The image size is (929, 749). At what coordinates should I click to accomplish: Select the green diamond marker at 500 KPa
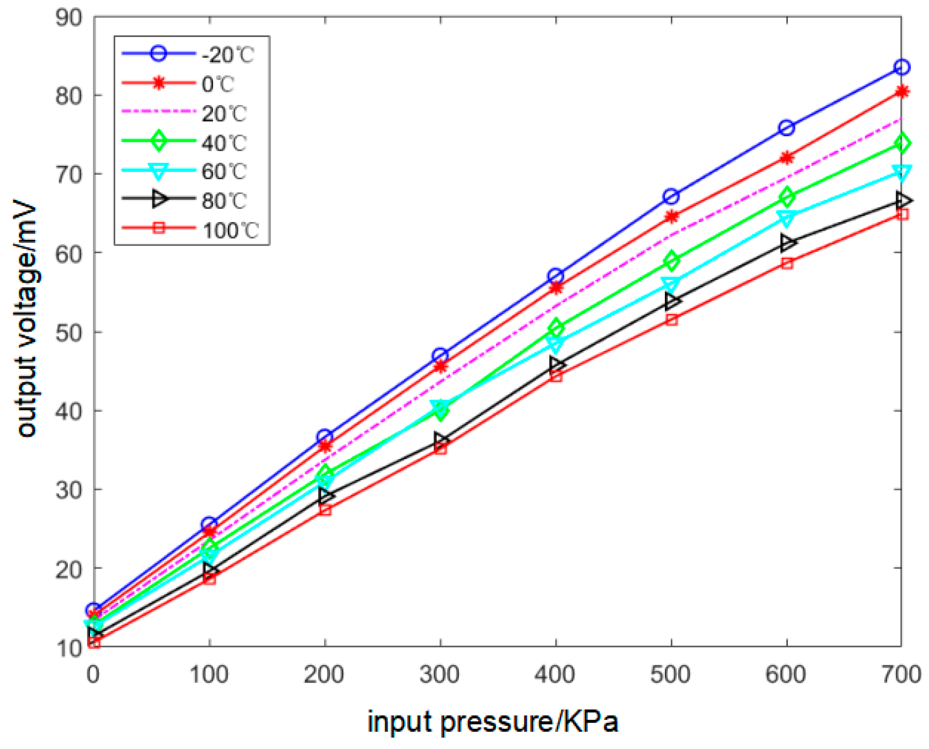click(671, 260)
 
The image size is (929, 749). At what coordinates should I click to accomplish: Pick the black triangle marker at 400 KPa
click(556, 364)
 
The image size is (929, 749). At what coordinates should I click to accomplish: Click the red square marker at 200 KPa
click(325, 510)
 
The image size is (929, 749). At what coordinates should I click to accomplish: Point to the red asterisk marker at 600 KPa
click(786, 158)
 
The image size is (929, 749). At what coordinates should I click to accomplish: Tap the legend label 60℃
click(224, 172)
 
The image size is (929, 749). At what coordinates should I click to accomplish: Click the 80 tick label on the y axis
click(69, 96)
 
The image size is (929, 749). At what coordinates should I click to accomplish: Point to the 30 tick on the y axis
click(69, 490)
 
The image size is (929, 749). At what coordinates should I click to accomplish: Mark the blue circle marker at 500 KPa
click(671, 196)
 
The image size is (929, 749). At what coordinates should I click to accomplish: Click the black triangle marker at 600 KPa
click(786, 242)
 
